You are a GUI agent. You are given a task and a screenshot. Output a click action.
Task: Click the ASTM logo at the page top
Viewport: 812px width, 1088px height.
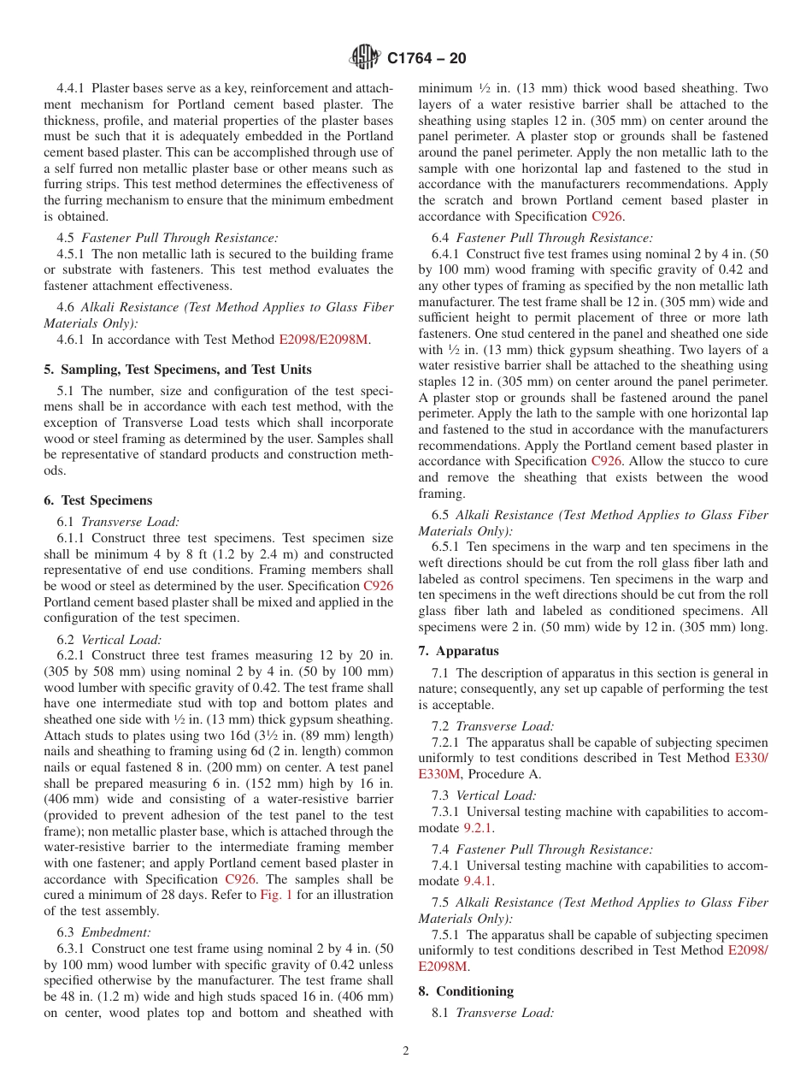pyautogui.click(x=365, y=58)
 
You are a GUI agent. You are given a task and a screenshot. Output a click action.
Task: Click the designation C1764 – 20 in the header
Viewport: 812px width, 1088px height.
pyautogui.click(x=427, y=59)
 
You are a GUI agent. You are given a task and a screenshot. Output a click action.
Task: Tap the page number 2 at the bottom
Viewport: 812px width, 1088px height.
pyautogui.click(x=406, y=1051)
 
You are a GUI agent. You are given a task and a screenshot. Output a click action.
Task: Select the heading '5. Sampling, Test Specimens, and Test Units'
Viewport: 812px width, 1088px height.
pyautogui.click(x=178, y=370)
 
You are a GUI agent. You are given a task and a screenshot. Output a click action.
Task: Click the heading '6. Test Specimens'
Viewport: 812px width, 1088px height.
pyautogui.click(x=98, y=500)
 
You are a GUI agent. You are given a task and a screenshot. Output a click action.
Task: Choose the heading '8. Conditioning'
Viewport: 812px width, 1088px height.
pyautogui.click(x=466, y=991)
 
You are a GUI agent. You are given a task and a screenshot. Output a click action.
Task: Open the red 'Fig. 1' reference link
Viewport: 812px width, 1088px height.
pyautogui.click(x=275, y=896)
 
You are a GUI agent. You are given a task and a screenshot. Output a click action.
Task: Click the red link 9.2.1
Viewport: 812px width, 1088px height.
pyautogui.click(x=478, y=828)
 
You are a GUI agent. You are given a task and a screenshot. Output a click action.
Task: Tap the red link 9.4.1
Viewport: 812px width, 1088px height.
pyautogui.click(x=478, y=881)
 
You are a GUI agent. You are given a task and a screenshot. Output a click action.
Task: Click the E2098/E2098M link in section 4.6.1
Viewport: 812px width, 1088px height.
pyautogui.click(x=323, y=340)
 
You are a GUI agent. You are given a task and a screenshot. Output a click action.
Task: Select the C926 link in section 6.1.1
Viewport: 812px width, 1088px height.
pyautogui.click(x=378, y=587)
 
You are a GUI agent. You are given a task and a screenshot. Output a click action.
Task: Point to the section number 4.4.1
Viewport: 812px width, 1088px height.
pyautogui.click(x=72, y=88)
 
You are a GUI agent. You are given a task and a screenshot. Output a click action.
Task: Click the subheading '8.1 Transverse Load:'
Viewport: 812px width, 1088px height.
pyautogui.click(x=493, y=1013)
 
